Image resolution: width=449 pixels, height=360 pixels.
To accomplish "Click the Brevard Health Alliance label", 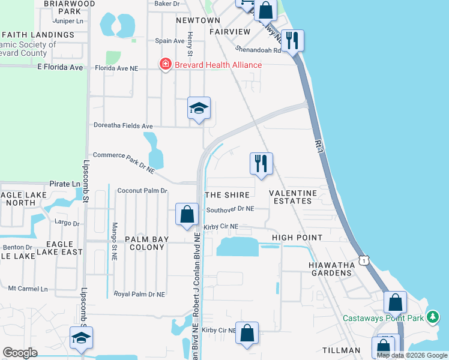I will (218, 65).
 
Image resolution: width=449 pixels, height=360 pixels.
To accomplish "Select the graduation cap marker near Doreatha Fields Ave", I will (199, 109).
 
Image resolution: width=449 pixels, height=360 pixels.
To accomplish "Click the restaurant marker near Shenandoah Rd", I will (292, 41).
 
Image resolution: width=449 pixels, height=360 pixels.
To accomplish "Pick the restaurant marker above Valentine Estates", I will (261, 163).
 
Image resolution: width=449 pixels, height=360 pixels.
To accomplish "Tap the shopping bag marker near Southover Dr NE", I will (187, 214).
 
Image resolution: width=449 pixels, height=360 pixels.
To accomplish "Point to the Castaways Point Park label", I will (382, 318).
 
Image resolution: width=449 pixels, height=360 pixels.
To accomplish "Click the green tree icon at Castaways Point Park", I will (432, 317).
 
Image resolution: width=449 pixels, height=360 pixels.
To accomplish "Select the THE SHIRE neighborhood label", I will (227, 195).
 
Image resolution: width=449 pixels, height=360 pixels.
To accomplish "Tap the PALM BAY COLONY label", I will (147, 243).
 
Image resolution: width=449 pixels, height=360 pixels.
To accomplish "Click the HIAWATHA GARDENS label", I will (330, 269).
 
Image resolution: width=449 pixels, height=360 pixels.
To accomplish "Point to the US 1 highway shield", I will (363, 260).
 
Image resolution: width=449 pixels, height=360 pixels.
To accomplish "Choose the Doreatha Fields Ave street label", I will (123, 126).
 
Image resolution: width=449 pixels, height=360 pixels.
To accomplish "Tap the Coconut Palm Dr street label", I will (142, 191).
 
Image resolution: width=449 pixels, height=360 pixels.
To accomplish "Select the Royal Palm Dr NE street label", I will (139, 294).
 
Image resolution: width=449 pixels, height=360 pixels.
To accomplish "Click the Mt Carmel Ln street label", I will (28, 289).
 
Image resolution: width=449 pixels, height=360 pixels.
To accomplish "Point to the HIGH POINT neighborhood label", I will (297, 238).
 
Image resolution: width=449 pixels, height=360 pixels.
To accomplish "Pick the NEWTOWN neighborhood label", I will (198, 20).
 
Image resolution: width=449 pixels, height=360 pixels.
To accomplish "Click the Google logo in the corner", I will (20, 353).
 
